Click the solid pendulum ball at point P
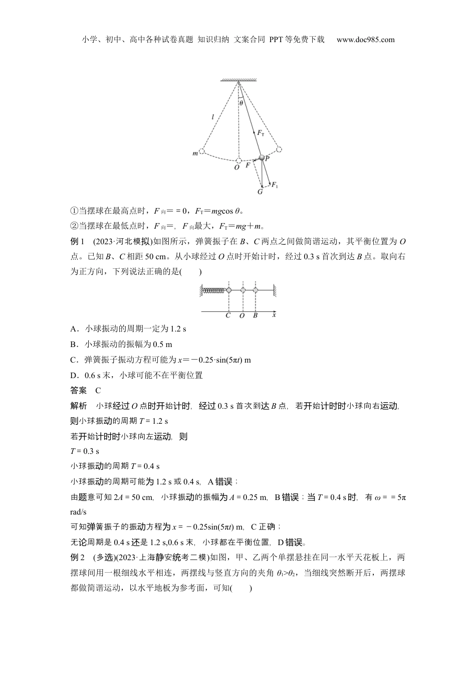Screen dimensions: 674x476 coord(261,157)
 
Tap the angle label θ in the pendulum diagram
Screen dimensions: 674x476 coord(242,103)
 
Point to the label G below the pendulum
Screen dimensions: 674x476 coord(260,192)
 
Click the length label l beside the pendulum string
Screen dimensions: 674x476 coord(212,117)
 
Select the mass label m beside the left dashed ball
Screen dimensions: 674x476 coord(195,153)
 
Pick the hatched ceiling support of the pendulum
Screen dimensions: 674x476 coord(239,79)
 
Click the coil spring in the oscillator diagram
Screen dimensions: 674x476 coord(214,290)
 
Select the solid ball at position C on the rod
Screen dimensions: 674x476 coord(228,290)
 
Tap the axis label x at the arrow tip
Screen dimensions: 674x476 coord(274,315)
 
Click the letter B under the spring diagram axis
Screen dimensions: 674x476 coord(255,316)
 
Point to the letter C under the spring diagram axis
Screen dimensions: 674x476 coord(228,316)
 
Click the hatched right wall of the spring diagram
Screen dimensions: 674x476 coord(275,290)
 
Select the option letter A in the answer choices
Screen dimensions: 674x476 coord(73,329)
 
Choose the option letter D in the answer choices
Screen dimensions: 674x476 coord(73,375)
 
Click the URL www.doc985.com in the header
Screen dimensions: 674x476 coord(365,40)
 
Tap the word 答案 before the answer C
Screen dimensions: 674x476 coord(79,390)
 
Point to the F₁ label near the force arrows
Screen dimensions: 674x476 coord(275,186)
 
